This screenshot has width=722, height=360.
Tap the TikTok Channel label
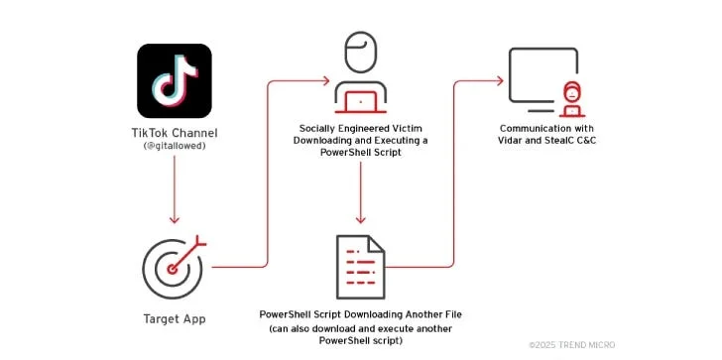click(x=175, y=134)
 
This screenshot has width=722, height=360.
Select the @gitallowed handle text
click(x=175, y=147)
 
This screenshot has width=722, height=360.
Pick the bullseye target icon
click(x=173, y=265)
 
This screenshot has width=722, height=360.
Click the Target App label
click(x=175, y=319)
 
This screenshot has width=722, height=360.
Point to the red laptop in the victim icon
click(x=361, y=100)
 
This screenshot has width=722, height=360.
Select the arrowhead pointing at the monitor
click(x=502, y=80)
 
